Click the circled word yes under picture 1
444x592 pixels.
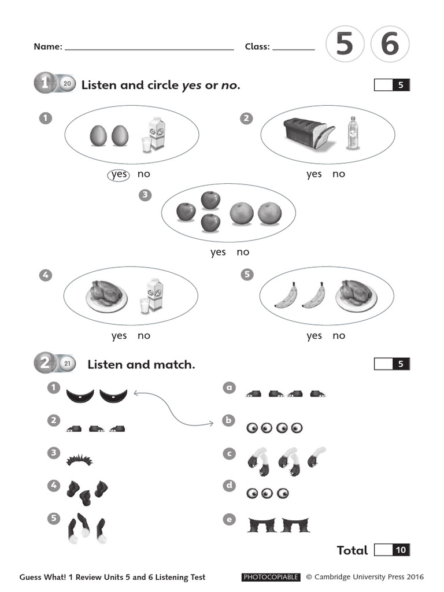coord(119,174)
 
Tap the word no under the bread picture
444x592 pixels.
coord(339,174)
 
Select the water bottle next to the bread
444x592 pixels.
coord(352,134)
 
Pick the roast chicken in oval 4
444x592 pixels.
coord(107,295)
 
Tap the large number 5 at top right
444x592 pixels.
coord(345,45)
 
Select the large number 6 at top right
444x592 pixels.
coord(390,45)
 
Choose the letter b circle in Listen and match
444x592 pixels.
coord(230,420)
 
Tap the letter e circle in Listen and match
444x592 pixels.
coord(230,520)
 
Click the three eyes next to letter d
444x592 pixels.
coord(267,494)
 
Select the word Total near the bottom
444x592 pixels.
coord(352,550)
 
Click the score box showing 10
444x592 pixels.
coord(400,550)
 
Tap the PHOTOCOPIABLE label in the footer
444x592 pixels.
coord(271,577)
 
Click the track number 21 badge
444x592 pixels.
coord(66,364)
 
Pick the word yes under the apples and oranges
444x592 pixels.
coord(218,252)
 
